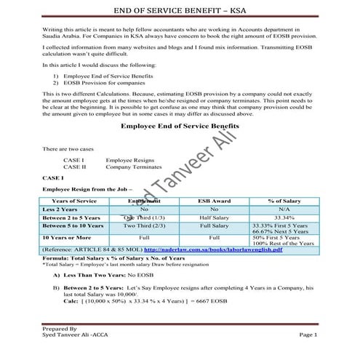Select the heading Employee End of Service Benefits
(x=180, y=126)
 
